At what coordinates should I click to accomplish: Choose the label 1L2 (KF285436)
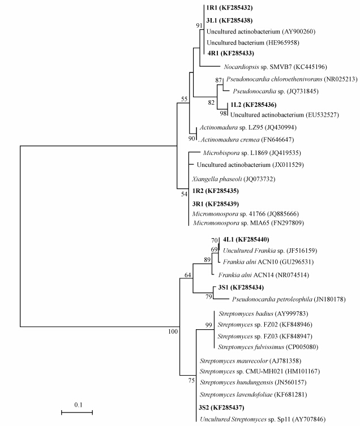tap(252, 105)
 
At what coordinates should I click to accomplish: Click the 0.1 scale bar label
tap(77, 405)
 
